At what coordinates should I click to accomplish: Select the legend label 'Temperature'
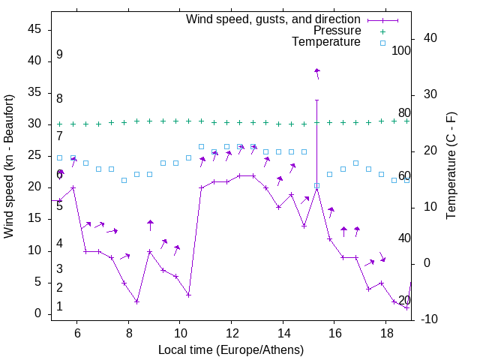coord(326,42)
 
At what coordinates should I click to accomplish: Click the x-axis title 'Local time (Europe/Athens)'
coord(231,350)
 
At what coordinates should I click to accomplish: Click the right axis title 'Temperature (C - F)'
coord(451,166)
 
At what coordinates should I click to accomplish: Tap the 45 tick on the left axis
coord(34,30)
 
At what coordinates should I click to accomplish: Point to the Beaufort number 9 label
coord(59,55)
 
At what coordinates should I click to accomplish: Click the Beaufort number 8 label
coord(59,98)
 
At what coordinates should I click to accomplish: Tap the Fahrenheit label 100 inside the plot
coord(401,51)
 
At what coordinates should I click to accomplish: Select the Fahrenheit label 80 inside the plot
coord(404,113)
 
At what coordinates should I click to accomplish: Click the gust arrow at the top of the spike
coord(317,72)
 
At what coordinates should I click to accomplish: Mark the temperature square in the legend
coord(382,43)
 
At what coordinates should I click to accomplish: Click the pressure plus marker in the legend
coord(382,31)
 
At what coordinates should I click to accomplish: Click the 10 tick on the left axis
coord(34,250)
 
